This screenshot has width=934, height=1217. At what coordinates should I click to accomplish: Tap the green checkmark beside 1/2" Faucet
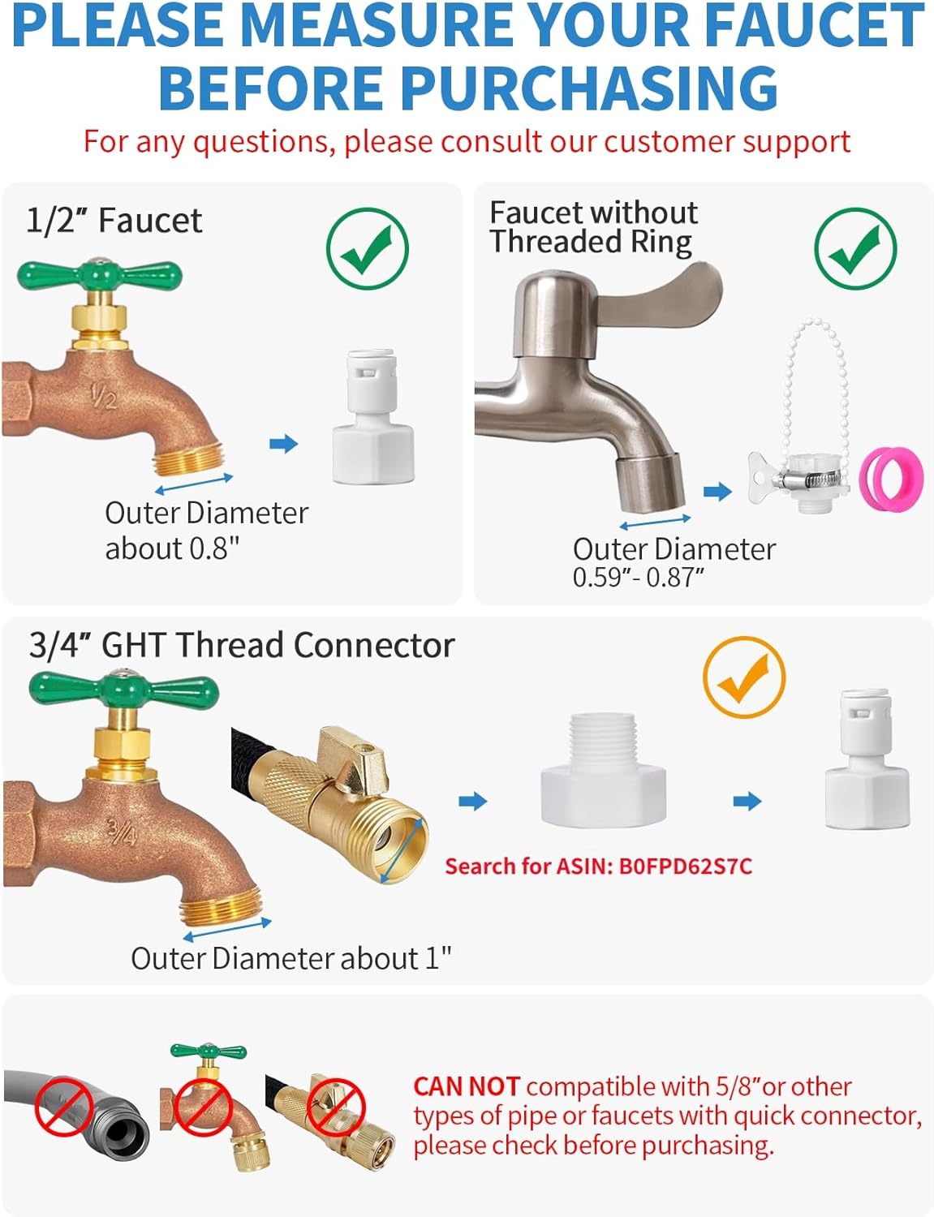click(x=367, y=248)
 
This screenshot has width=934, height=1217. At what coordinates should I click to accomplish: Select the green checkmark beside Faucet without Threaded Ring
click(x=855, y=248)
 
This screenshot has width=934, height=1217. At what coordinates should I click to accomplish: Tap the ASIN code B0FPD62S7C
click(x=685, y=867)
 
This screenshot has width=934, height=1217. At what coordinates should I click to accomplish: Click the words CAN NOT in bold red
click(x=466, y=1086)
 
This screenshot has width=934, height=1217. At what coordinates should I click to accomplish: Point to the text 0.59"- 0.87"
click(x=638, y=578)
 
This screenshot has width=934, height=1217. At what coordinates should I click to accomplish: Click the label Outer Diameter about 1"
click(x=291, y=958)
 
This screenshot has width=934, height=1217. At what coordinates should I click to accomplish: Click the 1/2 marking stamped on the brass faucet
click(x=103, y=397)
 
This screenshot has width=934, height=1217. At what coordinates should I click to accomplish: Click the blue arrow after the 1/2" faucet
click(x=283, y=444)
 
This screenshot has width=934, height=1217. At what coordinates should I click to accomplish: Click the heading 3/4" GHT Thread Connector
click(x=241, y=645)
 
